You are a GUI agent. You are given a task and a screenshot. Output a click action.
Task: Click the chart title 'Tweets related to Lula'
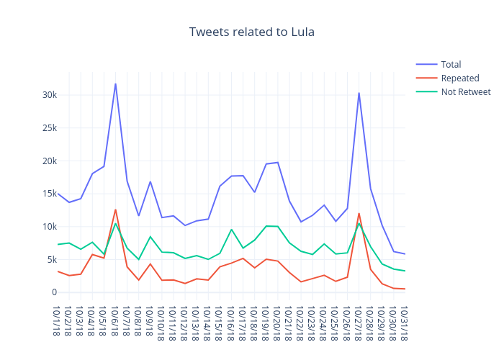coord(252,32)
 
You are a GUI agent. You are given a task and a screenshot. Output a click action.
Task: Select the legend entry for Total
coord(451,64)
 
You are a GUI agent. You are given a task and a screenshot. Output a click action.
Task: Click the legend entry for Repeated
coord(460,78)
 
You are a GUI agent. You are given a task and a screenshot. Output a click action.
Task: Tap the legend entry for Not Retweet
coord(465,91)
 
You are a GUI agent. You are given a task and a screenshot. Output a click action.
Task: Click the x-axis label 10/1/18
coord(57,320)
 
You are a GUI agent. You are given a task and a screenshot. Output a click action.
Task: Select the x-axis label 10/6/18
coord(115,320)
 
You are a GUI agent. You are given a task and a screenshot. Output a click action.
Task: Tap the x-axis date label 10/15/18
coord(220,322)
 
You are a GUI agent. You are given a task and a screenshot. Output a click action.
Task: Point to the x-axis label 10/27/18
coord(359,322)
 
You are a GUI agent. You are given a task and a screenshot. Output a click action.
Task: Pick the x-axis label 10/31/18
coord(405,322)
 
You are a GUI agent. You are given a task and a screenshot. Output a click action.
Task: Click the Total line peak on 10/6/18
coord(115,84)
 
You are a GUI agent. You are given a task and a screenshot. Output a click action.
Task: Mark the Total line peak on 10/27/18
coord(359,93)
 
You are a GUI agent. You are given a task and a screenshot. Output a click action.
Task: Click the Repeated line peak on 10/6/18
coord(115,210)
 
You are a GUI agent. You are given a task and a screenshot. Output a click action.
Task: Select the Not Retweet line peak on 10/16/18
coord(231,230)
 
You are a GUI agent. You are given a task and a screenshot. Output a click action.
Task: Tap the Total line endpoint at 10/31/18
coord(405,254)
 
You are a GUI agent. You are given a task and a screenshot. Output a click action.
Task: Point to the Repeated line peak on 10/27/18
coord(359,213)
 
